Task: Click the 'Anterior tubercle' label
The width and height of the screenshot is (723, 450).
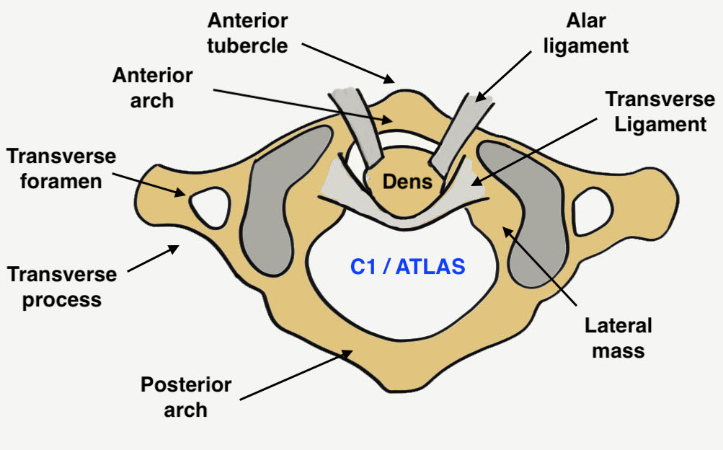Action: (248, 32)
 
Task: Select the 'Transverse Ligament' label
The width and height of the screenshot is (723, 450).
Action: (656, 111)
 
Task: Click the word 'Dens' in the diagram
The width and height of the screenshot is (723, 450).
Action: (408, 182)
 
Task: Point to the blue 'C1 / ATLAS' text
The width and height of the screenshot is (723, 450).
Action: (408, 268)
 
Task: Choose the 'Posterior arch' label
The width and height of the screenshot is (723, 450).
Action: (186, 397)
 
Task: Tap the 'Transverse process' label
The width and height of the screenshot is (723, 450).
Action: (61, 286)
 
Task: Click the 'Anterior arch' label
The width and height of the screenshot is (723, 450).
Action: (152, 87)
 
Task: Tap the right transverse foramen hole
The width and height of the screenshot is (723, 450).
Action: (600, 211)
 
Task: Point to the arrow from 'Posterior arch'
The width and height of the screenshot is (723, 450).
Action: (296, 375)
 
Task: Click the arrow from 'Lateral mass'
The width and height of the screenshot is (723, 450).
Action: (541, 267)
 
